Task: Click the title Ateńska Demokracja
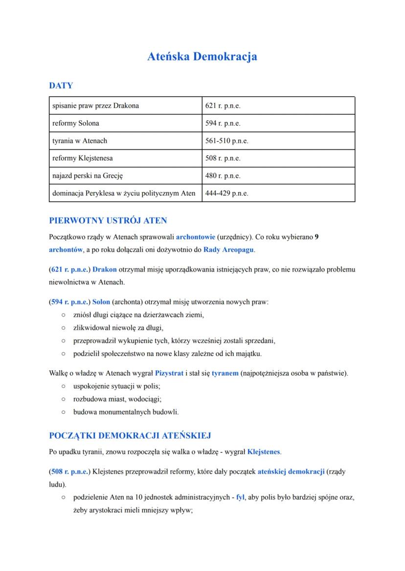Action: (202, 57)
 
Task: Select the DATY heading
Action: (61, 85)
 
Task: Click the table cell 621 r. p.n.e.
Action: (223, 106)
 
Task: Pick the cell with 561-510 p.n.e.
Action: (227, 141)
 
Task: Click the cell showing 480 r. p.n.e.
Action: (223, 175)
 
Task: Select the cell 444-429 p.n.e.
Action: (227, 193)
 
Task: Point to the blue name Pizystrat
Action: (169, 373)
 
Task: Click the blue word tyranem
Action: (225, 373)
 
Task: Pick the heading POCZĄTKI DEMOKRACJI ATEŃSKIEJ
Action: (130, 435)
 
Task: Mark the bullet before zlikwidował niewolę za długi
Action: (64, 327)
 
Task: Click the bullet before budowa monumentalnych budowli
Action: (64, 412)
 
